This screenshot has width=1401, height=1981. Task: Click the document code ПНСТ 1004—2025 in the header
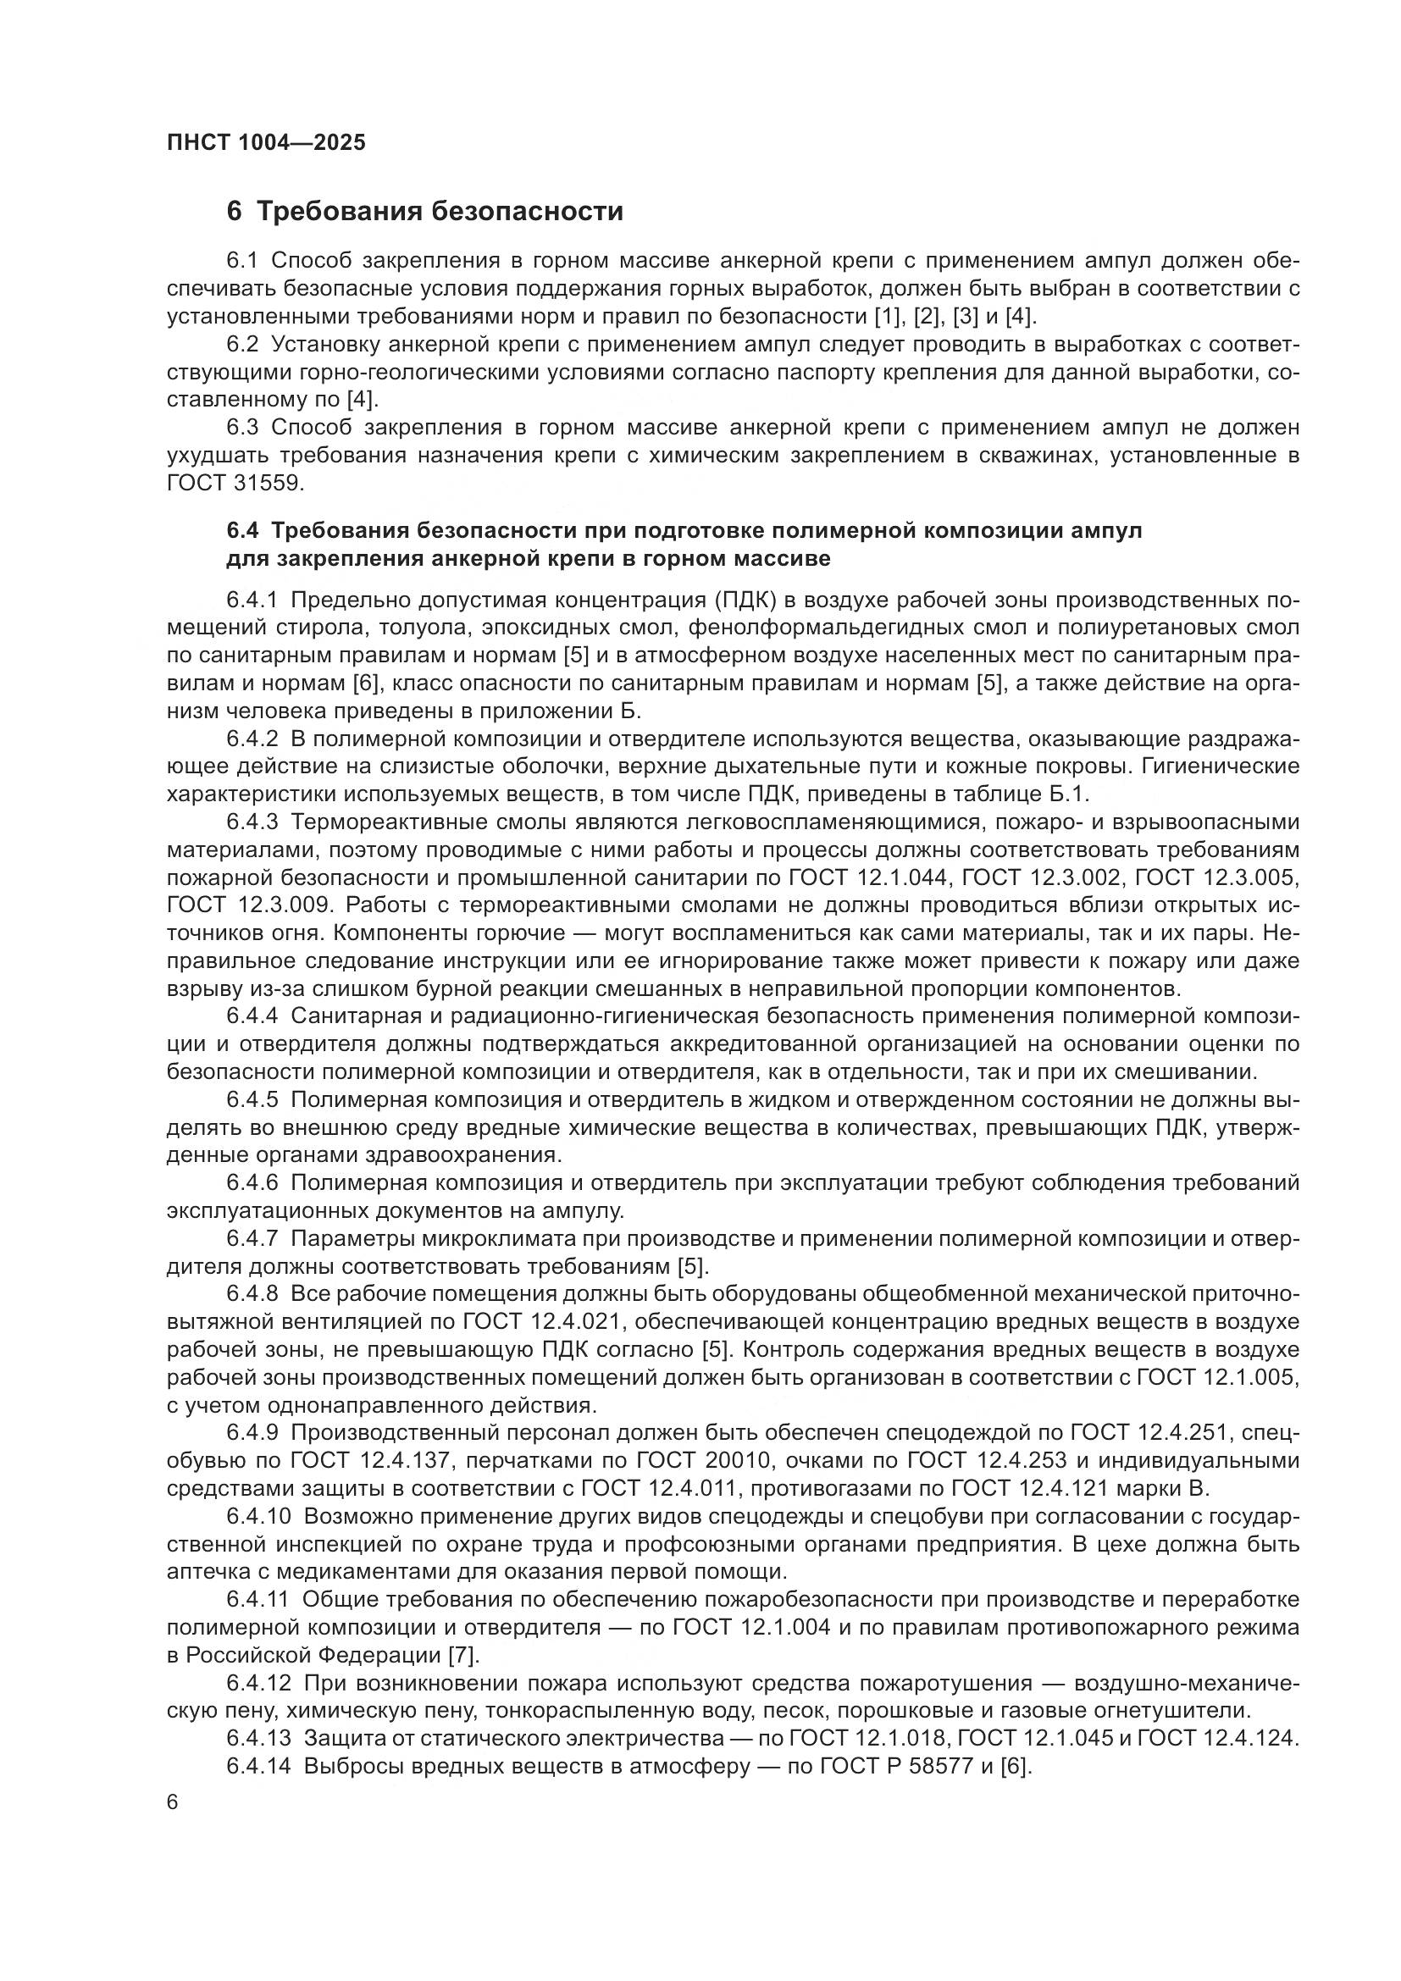click(x=266, y=142)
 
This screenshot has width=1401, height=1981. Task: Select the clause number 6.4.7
click(x=252, y=1239)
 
